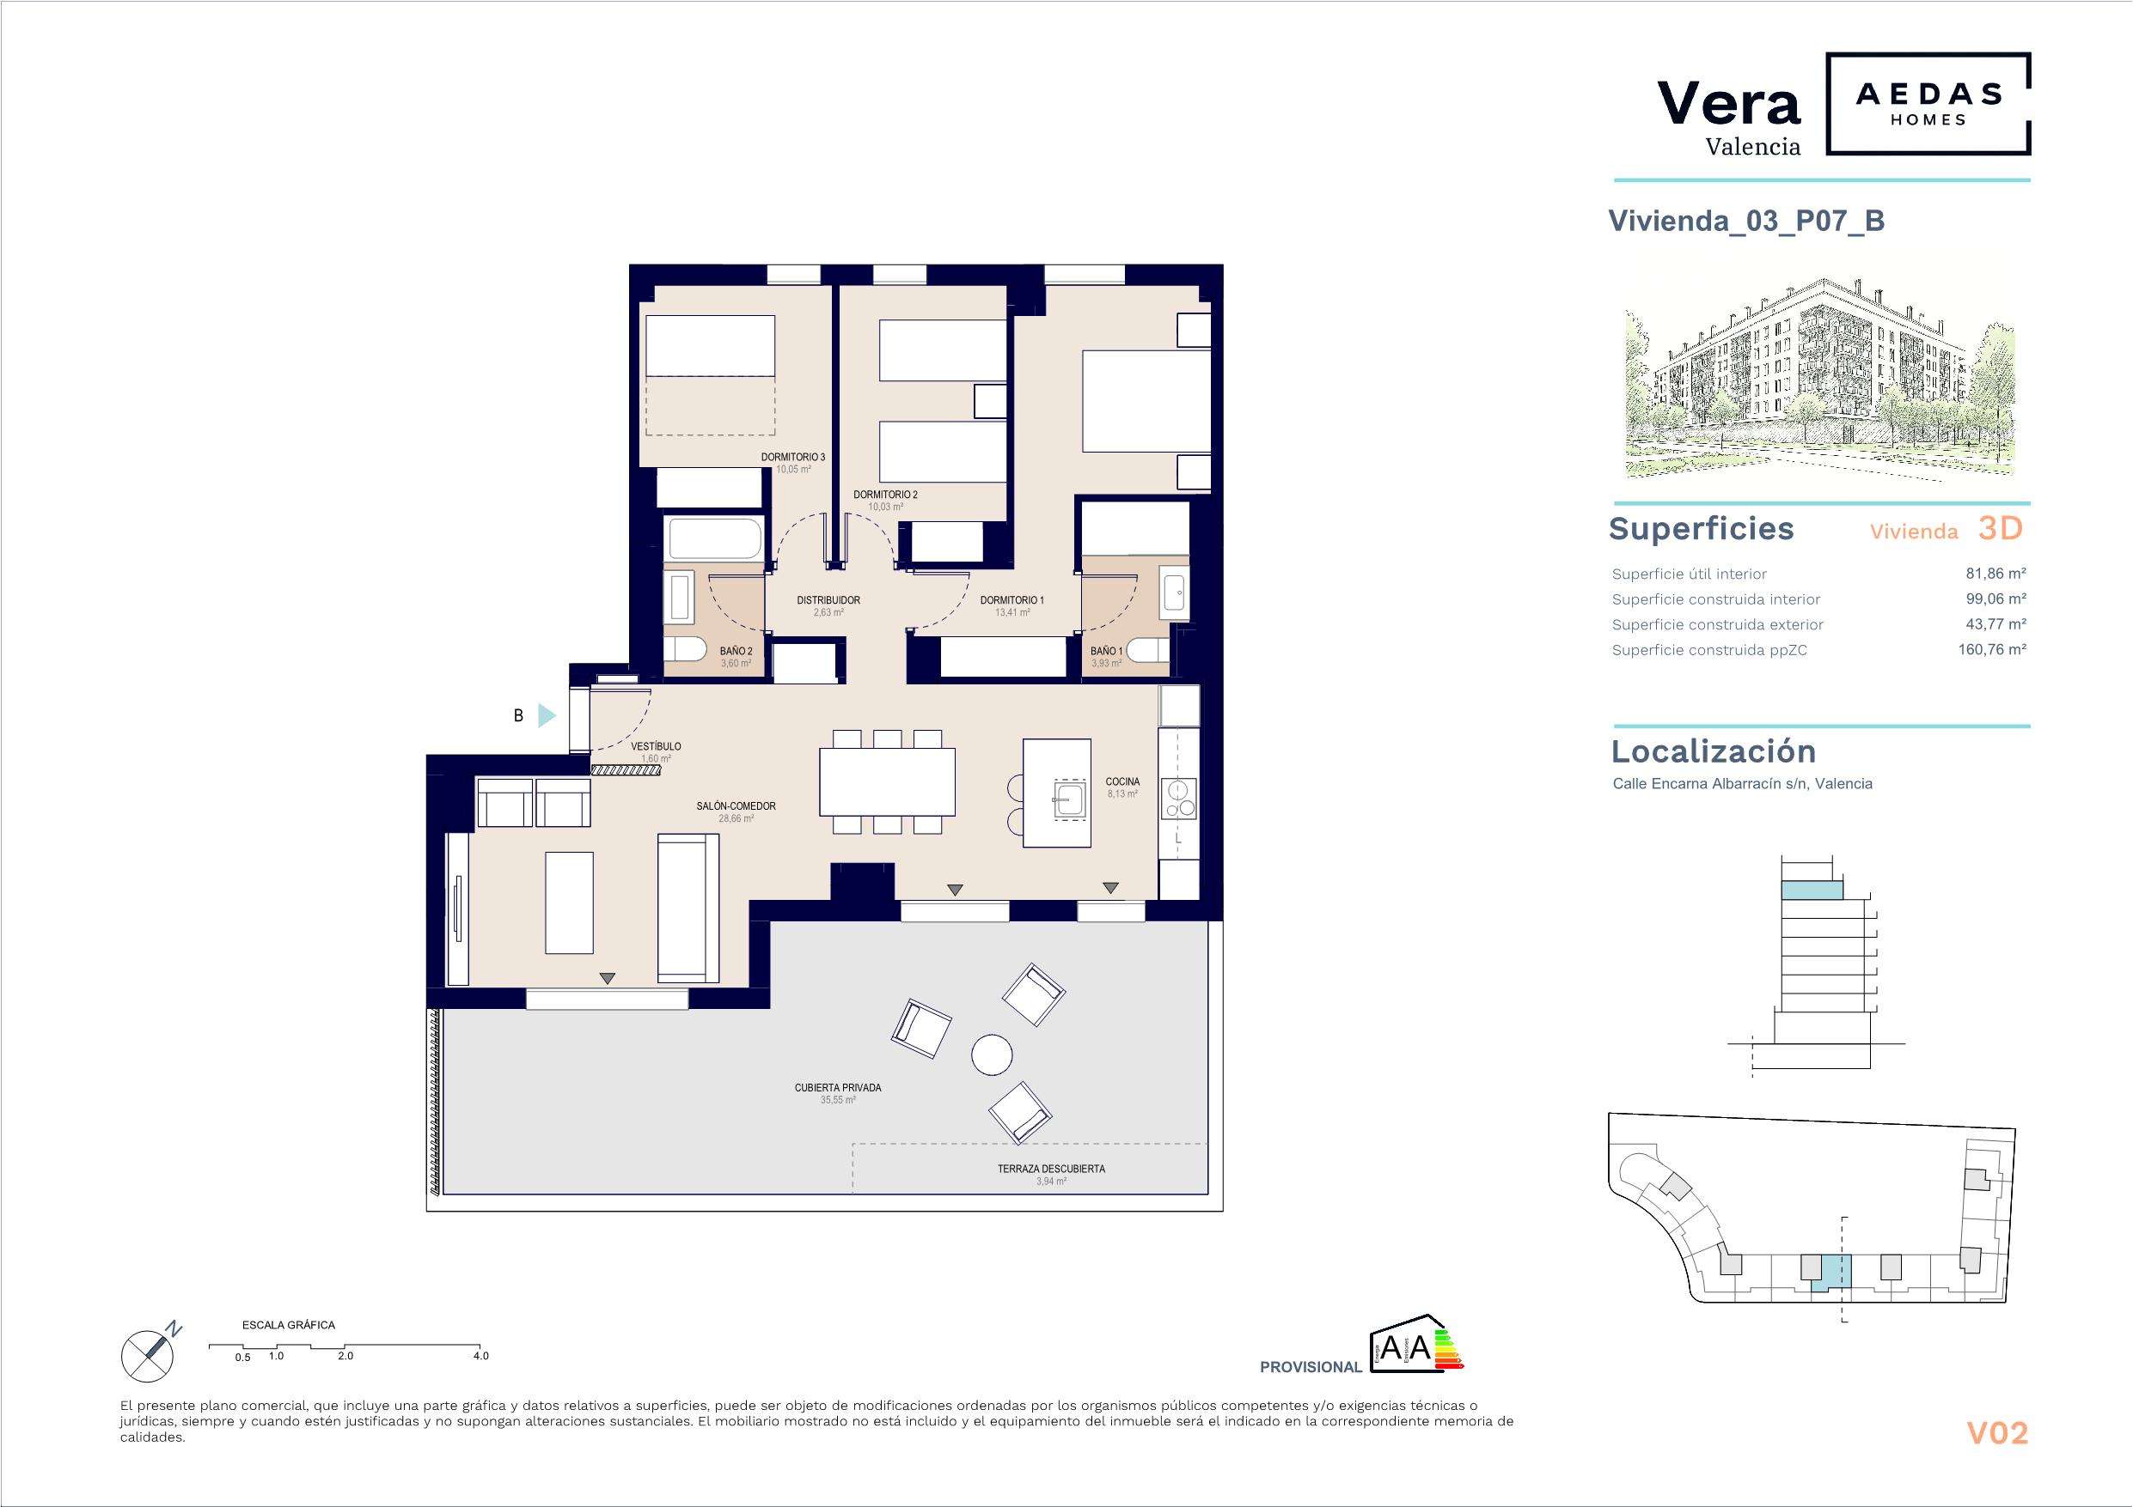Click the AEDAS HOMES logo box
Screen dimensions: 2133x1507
coord(1928,104)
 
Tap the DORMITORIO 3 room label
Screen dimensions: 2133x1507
coord(792,458)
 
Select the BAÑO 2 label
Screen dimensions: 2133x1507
coord(736,652)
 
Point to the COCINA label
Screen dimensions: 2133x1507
coord(1122,781)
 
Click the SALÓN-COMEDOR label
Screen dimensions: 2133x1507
coord(736,806)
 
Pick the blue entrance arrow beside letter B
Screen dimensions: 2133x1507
coord(547,716)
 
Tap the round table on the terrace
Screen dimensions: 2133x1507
coord(991,1054)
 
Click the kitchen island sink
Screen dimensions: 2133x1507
coord(1071,798)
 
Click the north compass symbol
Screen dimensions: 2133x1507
coord(150,1352)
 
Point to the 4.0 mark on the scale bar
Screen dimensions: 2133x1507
coord(480,1356)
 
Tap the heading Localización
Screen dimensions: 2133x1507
coord(1713,751)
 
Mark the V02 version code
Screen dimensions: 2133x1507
coord(1997,1434)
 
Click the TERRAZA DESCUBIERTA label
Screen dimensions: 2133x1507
coord(1051,1169)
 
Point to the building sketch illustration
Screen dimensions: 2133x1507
coord(1819,377)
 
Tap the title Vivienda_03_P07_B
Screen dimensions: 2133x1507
coord(1746,221)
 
